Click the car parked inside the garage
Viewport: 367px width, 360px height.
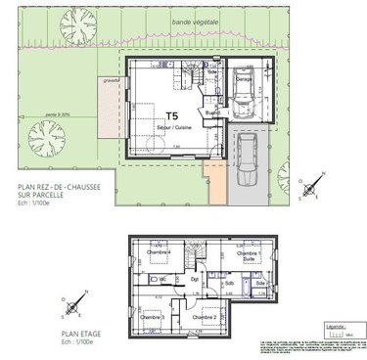[242, 93]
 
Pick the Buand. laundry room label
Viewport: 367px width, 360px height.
[210, 113]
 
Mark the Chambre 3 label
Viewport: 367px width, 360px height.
[152, 317]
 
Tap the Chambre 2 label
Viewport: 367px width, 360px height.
[205, 318]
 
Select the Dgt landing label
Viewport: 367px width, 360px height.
[195, 279]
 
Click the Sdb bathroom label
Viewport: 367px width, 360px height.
[227, 286]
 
